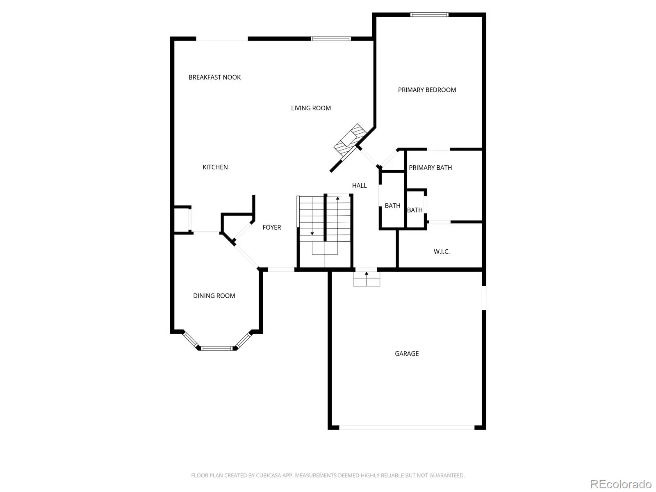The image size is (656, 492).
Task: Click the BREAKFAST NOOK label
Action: (x=214, y=77)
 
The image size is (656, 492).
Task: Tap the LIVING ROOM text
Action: (x=311, y=108)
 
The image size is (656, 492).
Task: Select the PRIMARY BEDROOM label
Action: (x=427, y=90)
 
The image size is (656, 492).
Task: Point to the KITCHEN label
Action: (x=215, y=167)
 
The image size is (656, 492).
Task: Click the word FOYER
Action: (x=272, y=227)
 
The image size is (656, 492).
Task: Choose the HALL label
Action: (x=359, y=185)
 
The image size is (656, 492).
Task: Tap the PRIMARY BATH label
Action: (x=430, y=168)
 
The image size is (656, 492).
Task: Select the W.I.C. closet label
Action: (x=442, y=251)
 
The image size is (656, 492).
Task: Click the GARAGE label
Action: (x=406, y=354)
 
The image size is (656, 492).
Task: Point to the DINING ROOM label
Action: (x=214, y=296)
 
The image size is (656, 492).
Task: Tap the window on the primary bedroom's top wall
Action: (x=429, y=15)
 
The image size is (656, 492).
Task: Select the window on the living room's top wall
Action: (x=330, y=39)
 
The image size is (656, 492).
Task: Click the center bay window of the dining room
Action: (x=216, y=348)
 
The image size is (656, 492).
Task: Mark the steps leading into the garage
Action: (x=367, y=279)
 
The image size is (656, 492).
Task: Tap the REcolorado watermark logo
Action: (x=621, y=484)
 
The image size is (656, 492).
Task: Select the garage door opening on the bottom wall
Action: (x=406, y=428)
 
